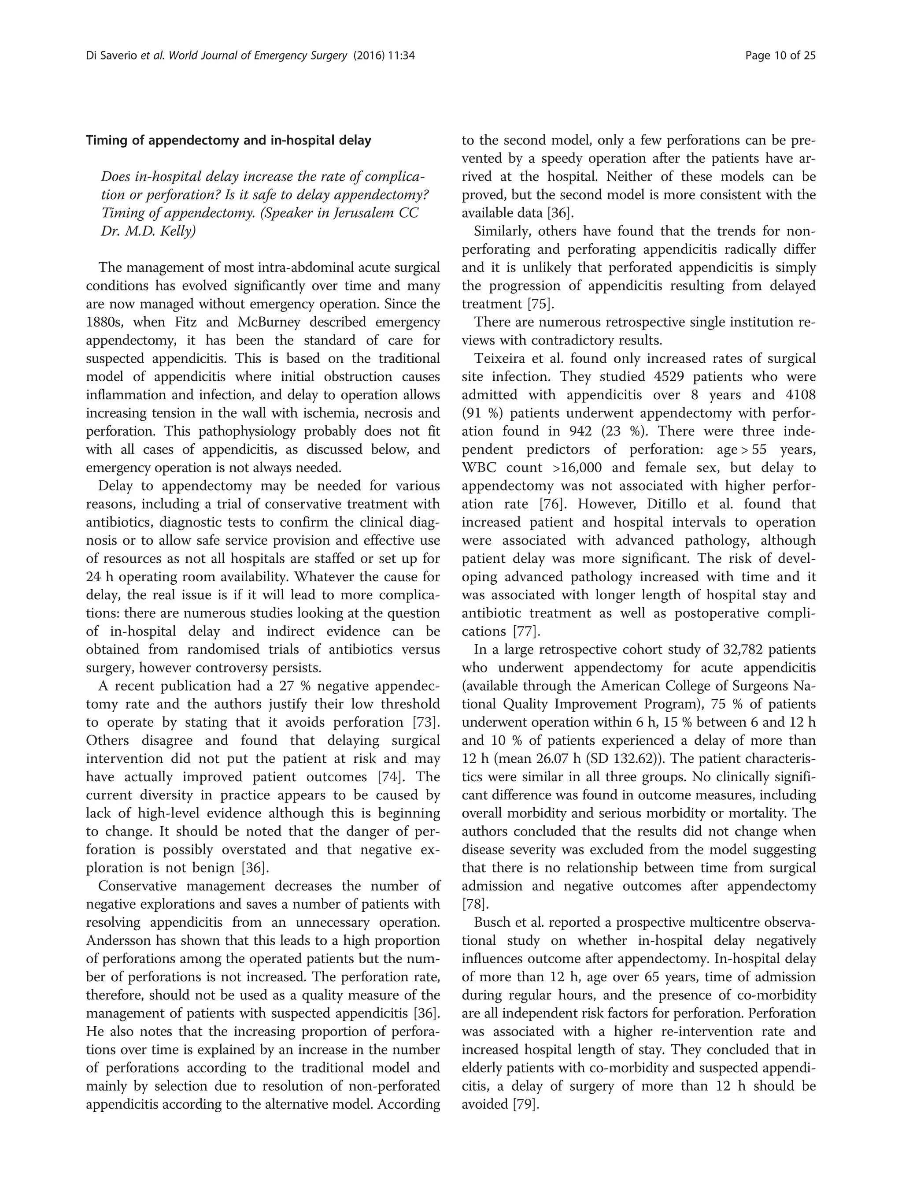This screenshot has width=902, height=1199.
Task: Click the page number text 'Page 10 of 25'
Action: coord(780,55)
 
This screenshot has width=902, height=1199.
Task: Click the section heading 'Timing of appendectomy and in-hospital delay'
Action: coord(229,141)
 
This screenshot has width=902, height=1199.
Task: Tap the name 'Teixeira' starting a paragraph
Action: coord(497,358)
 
